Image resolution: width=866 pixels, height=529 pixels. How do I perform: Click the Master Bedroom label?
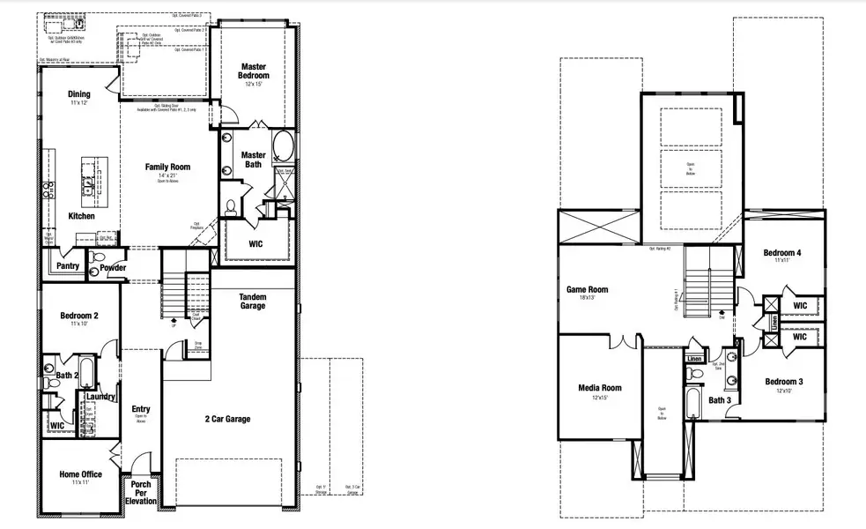(254, 71)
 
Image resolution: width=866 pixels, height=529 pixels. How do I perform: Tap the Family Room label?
(167, 167)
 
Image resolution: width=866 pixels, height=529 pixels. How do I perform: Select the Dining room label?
(78, 94)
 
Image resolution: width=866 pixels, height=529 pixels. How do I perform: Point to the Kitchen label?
(81, 216)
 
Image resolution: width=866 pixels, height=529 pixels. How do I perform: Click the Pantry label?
(68, 266)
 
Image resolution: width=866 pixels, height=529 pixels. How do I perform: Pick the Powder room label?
(113, 268)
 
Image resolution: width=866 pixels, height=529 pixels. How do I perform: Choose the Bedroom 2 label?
(78, 316)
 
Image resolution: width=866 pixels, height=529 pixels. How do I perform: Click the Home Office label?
(80, 474)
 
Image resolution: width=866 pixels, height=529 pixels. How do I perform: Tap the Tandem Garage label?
(252, 302)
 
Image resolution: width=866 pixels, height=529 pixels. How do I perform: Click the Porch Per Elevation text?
(141, 492)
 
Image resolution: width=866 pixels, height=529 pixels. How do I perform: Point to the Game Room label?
(587, 289)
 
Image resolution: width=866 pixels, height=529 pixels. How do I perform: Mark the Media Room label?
(600, 388)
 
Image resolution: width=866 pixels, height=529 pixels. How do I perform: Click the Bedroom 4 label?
(781, 253)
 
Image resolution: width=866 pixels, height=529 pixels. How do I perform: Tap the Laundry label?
(101, 397)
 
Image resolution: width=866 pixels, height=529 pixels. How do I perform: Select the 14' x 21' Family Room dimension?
(167, 175)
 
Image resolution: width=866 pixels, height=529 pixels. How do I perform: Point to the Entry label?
(141, 409)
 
